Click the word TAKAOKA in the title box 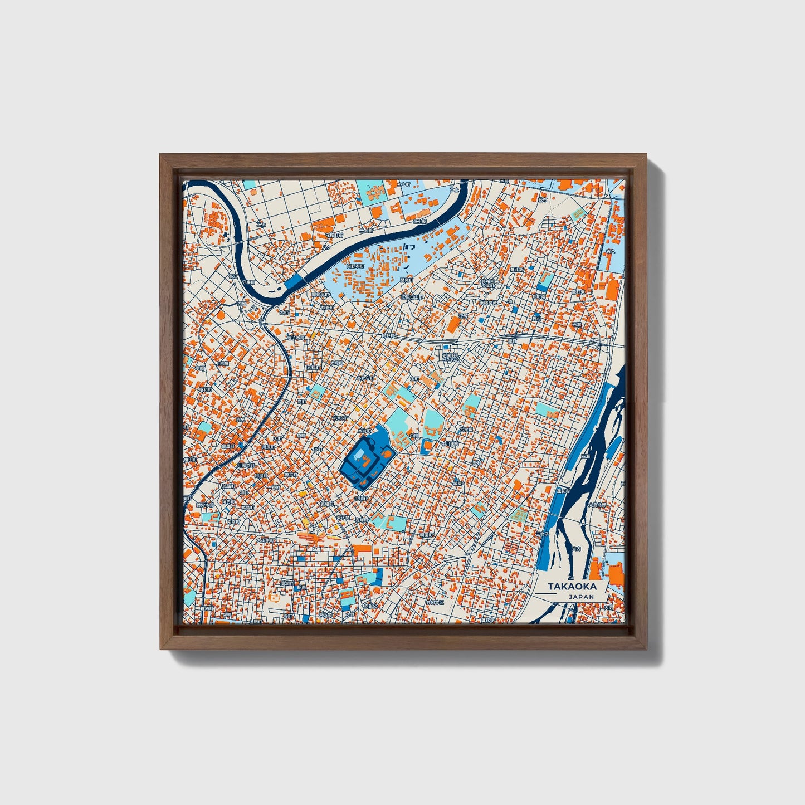[572, 587]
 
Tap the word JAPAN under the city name [581, 597]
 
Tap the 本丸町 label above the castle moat [364, 431]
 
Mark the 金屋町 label [227, 446]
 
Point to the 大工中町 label [264, 540]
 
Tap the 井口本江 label [435, 602]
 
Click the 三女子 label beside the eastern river [541, 533]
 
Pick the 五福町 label [313, 368]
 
